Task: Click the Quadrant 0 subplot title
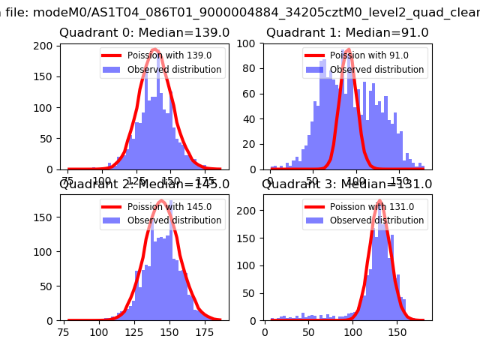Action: tap(144, 33)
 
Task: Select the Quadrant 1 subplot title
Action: tap(347, 33)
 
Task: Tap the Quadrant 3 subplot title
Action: tap(347, 184)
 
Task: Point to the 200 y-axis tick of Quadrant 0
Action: tap(46, 46)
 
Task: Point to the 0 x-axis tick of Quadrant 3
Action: tap(265, 332)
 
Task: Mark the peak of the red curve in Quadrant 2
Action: tap(160, 201)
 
